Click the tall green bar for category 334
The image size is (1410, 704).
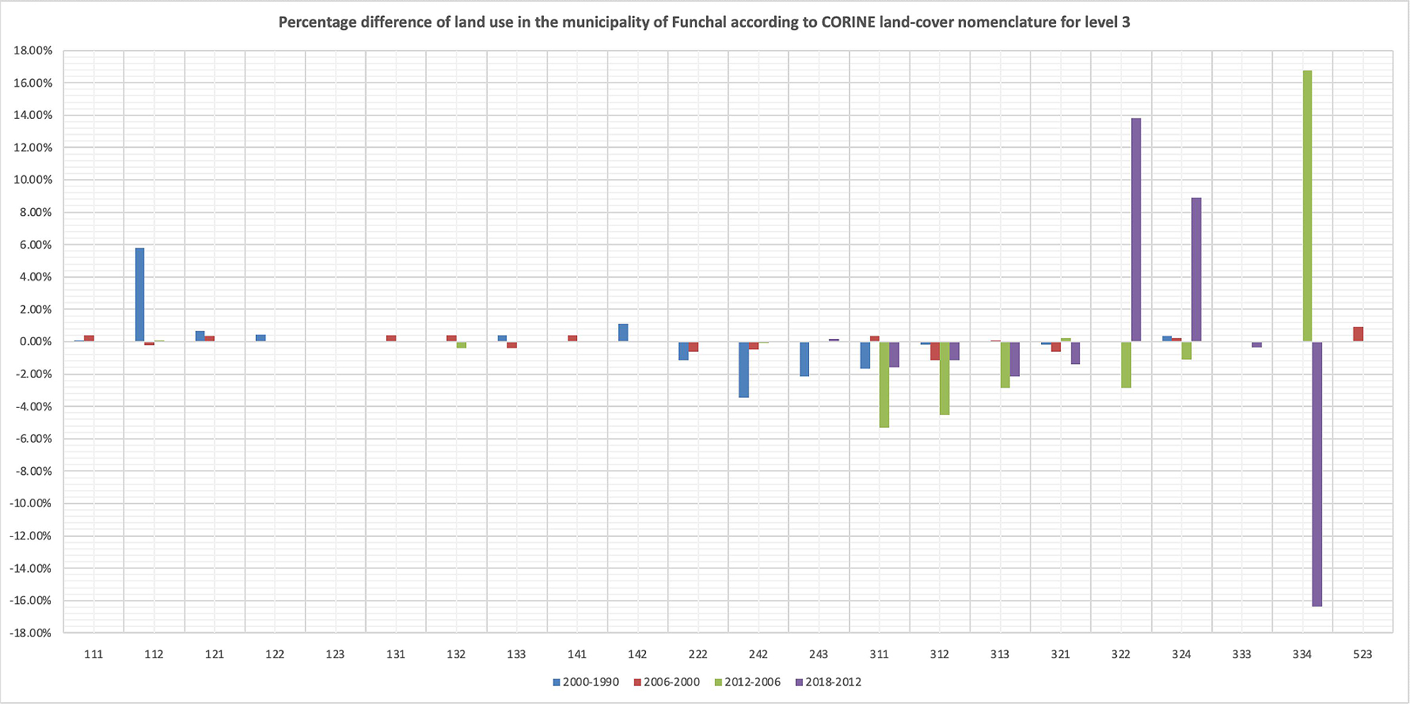[x=1307, y=206]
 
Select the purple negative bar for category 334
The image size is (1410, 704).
[x=1317, y=474]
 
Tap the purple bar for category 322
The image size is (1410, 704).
[x=1136, y=230]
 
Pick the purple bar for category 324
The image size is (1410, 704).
[x=1196, y=270]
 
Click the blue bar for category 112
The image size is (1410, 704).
[x=140, y=295]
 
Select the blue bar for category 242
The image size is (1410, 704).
[x=744, y=370]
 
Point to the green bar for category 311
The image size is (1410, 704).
[x=884, y=385]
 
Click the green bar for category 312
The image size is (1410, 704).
[x=944, y=378]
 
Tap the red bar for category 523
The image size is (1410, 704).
[x=1358, y=334]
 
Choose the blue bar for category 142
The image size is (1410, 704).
[x=623, y=333]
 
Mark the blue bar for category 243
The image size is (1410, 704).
[x=804, y=359]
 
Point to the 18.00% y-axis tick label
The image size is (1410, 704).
[x=33, y=51]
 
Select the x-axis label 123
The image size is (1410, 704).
[x=335, y=654]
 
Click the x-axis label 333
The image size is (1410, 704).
[x=1242, y=654]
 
